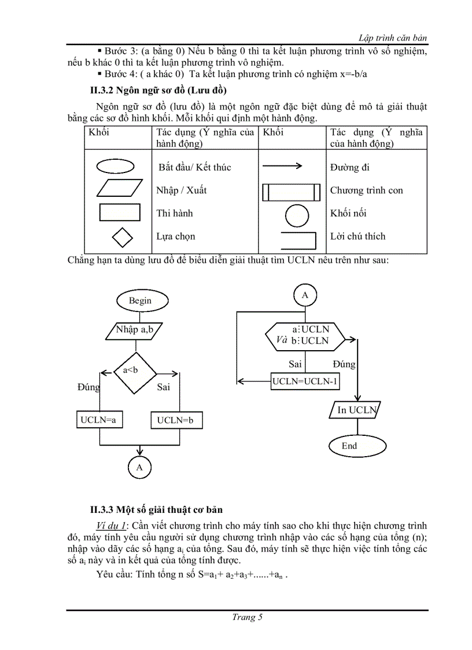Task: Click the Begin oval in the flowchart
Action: pyautogui.click(x=141, y=300)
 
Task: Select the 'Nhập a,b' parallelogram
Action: pyautogui.click(x=135, y=330)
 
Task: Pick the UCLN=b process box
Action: pyautogui.click(x=176, y=421)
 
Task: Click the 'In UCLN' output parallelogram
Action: pyautogui.click(x=357, y=410)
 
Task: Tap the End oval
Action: pyautogui.click(x=349, y=446)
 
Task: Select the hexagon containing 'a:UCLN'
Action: pyautogui.click(x=305, y=335)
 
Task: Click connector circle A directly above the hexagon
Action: pyautogui.click(x=305, y=295)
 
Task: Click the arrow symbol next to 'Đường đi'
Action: pyautogui.click(x=282, y=167)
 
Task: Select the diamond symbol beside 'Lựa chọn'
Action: pyautogui.click(x=121, y=237)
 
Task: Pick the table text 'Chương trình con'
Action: pyautogui.click(x=366, y=190)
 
